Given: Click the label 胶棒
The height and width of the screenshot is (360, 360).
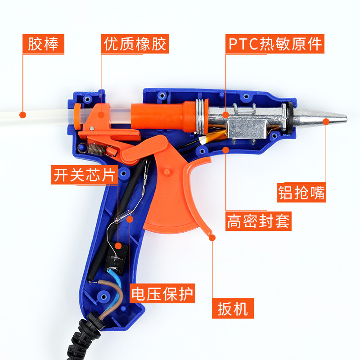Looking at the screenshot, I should [x=43, y=44].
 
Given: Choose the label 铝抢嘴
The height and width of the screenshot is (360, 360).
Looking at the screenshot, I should [x=301, y=192].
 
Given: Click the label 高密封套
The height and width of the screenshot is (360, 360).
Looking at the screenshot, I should [x=258, y=221].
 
